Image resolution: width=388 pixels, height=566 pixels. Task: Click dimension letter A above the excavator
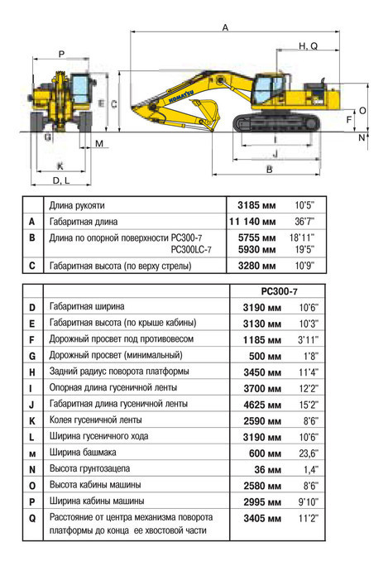pos(225,27)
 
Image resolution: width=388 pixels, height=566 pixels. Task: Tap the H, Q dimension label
pos(308,46)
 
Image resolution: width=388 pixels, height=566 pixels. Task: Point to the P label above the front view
pos(62,54)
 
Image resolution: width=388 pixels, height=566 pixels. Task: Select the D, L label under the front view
pos(61,180)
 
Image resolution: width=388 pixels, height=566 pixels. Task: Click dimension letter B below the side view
pos(269,170)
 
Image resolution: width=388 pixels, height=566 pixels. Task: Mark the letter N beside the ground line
pos(362,137)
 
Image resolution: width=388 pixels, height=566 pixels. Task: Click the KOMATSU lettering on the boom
pos(181,96)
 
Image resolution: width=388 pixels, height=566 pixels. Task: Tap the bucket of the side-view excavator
pos(207,113)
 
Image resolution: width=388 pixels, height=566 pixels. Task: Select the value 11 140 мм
pos(252,222)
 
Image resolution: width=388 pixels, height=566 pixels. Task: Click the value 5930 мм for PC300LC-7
pos(256,250)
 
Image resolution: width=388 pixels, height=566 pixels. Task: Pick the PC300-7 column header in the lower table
pos(279,291)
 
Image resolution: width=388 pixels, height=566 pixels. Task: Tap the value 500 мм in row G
pos(265,357)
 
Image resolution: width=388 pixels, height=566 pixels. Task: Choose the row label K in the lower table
pos(32,421)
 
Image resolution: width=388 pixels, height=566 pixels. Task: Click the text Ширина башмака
pos(83,453)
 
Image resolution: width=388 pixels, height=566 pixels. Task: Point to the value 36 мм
pos(268,470)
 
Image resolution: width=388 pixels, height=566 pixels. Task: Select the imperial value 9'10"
pos(309,501)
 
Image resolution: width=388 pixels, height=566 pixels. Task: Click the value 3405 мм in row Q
pos(262,518)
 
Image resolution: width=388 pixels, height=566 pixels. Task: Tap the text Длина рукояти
pos(77,205)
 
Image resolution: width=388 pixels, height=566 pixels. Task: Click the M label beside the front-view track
pos(99,144)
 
